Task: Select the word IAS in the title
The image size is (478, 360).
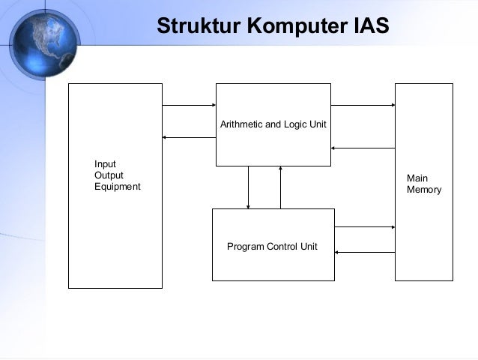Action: pos(370,26)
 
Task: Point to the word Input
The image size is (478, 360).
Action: pos(105,164)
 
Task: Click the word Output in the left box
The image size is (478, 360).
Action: pos(109,175)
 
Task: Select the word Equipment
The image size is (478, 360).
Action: pos(118,187)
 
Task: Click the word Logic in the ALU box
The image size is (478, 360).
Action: pos(294,123)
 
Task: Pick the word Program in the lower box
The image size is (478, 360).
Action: pos(246,246)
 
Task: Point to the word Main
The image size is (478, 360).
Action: pos(417,178)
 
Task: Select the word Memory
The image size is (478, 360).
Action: pos(424,190)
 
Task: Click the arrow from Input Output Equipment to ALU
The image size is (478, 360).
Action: pos(189,105)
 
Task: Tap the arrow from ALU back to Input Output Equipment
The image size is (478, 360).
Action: pos(189,137)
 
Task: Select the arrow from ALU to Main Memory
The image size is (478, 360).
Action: pos(363,105)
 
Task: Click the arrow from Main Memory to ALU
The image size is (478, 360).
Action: pos(363,148)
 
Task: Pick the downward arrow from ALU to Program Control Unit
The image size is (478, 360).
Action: pos(249,187)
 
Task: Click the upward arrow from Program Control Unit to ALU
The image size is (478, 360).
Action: pos(280,187)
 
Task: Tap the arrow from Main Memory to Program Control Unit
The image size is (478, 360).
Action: pos(364,253)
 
